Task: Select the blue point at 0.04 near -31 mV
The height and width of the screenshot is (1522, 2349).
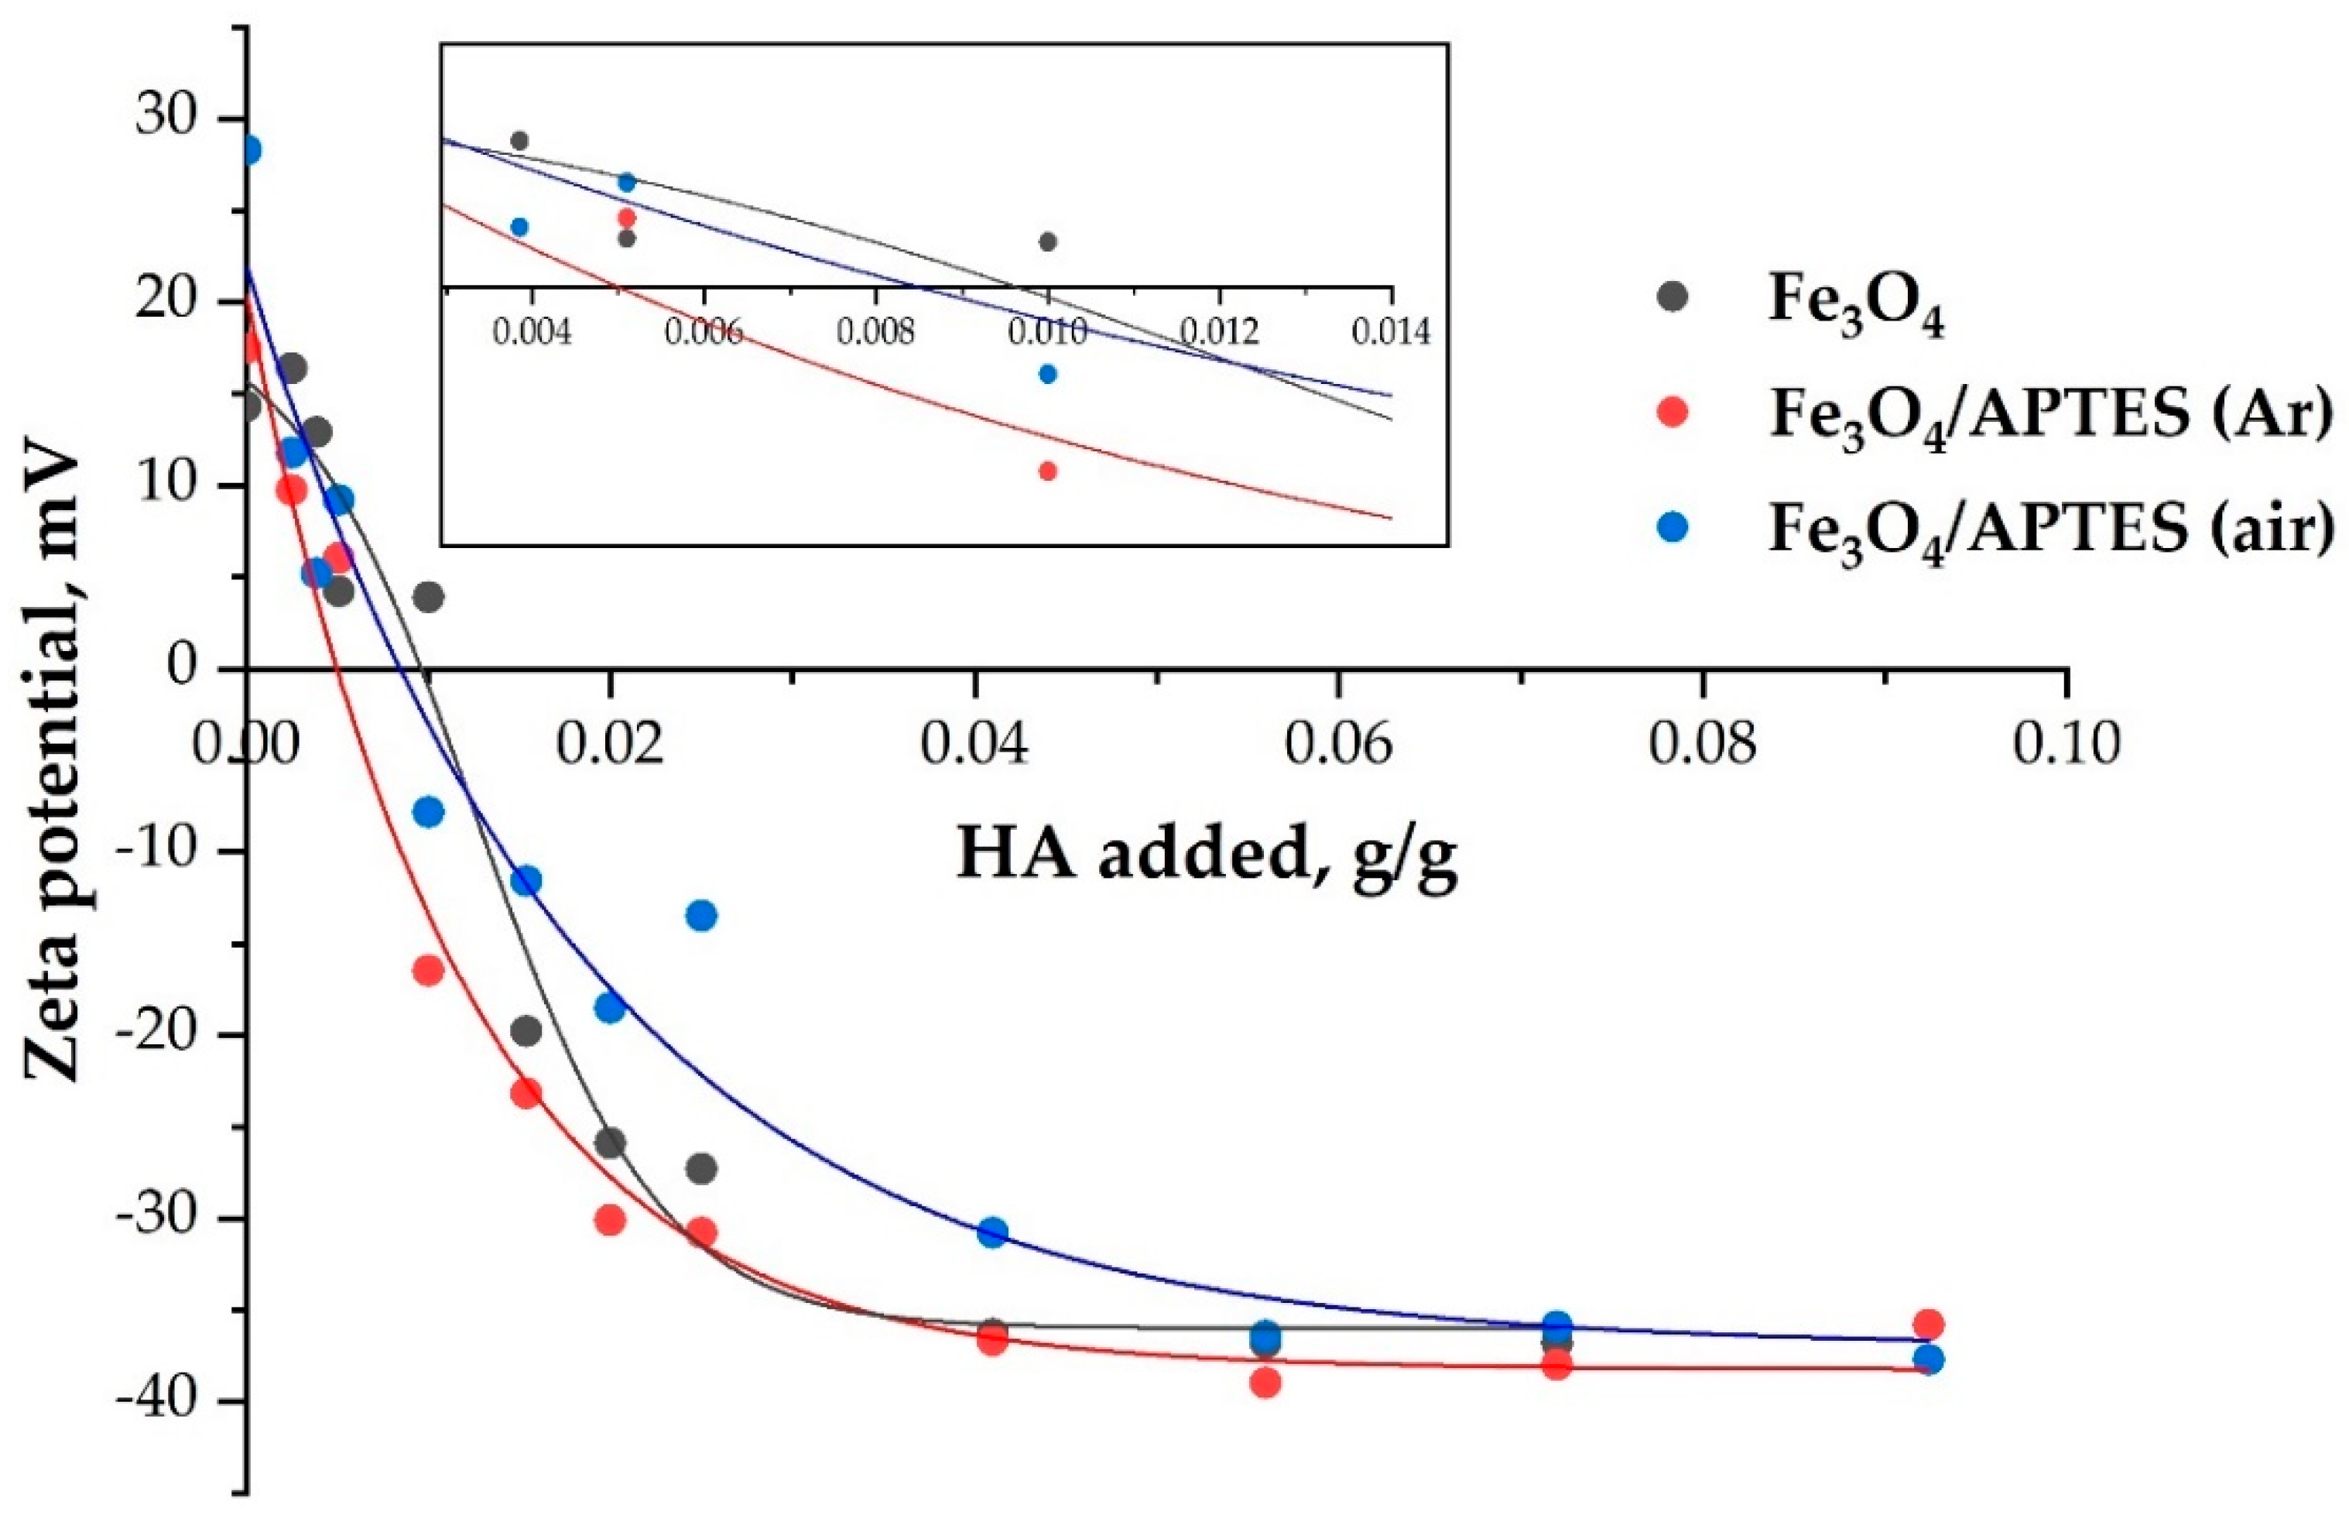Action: coord(993,1232)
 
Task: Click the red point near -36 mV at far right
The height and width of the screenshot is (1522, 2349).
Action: coord(1927,1324)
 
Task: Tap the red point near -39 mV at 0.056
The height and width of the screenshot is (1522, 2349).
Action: coord(1265,1383)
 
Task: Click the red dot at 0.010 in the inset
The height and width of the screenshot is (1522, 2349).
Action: coord(1048,471)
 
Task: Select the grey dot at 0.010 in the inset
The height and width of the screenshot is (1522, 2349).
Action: coord(1048,242)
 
